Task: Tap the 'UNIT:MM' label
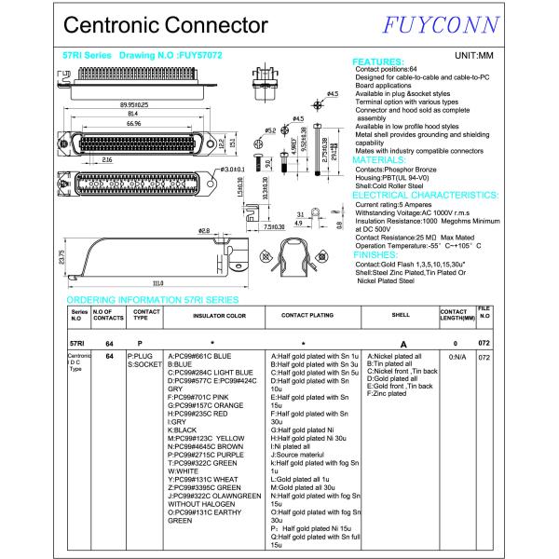click(x=473, y=56)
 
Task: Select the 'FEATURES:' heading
click(x=378, y=61)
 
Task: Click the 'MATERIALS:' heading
click(x=379, y=159)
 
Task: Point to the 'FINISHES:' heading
click(x=375, y=253)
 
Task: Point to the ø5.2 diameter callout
click(x=270, y=130)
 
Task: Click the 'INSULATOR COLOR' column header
click(x=219, y=316)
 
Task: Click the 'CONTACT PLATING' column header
click(x=307, y=316)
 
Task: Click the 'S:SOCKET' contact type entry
click(x=143, y=364)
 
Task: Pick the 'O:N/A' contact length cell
click(x=457, y=357)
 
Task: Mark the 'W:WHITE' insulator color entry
click(x=184, y=470)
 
